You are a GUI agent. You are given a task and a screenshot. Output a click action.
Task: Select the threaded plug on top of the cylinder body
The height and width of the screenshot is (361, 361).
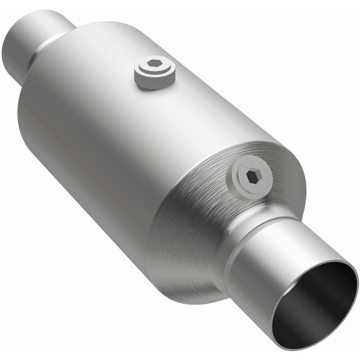155,72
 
